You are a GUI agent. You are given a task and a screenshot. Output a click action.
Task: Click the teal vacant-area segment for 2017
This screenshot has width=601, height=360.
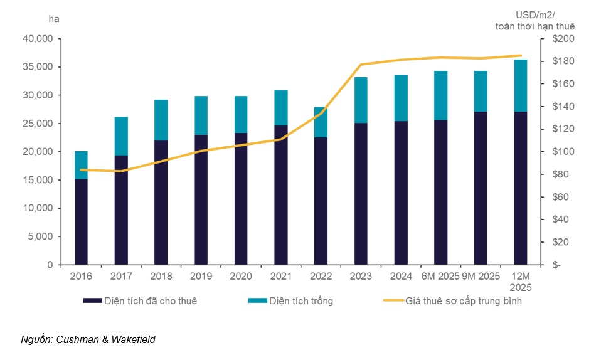[121, 136]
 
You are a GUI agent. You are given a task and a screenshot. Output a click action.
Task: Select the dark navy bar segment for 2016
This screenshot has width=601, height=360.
[81, 221]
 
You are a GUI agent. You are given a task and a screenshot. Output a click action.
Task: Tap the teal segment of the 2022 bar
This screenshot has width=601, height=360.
[321, 122]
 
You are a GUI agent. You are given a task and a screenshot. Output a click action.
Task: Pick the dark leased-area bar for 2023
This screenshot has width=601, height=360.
[361, 193]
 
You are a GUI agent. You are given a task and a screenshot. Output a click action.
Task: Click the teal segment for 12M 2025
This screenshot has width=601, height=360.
[521, 85]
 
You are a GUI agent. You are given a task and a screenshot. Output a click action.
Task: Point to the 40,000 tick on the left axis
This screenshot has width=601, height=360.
[38, 39]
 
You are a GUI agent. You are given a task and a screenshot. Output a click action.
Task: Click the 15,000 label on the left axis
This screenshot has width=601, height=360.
[38, 180]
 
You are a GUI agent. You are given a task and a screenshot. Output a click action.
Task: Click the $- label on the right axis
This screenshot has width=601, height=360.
[553, 265]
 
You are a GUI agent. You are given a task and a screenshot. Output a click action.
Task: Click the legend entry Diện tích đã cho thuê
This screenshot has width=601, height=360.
[148, 301]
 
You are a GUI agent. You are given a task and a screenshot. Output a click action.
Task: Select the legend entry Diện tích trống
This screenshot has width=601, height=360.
[301, 301]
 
